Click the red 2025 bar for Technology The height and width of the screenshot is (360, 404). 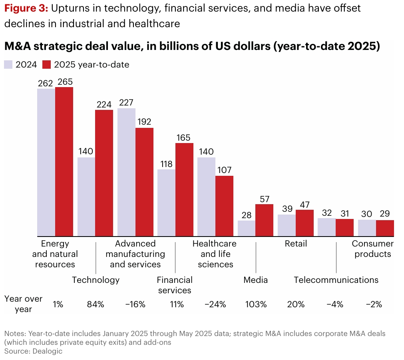(x=104, y=173)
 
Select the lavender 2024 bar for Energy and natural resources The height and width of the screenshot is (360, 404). (x=46, y=162)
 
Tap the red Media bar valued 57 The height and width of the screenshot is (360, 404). (x=264, y=220)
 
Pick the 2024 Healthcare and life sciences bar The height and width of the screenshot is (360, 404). (x=206, y=197)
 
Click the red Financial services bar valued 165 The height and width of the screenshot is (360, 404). (x=184, y=189)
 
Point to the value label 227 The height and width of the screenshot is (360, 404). (x=127, y=102)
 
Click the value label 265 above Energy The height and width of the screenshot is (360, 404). (x=65, y=82)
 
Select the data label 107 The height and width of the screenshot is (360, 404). (x=224, y=170)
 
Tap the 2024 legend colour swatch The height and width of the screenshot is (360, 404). (x=8, y=64)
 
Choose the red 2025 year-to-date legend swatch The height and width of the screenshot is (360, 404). (x=47, y=64)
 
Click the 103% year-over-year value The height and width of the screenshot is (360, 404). (x=256, y=304)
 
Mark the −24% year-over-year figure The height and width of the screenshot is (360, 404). (x=215, y=304)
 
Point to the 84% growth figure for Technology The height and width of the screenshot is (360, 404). (x=96, y=304)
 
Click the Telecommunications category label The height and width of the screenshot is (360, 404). (x=336, y=280)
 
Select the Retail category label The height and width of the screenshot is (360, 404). (x=296, y=243)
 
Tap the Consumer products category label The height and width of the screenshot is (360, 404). (x=372, y=249)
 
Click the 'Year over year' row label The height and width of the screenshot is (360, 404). (x=23, y=304)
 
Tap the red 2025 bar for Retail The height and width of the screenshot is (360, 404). (x=304, y=223)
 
